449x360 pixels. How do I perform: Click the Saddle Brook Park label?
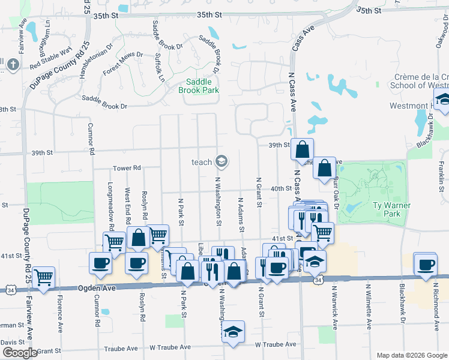pos(198,86)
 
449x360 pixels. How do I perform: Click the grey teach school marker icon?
pos(221,161)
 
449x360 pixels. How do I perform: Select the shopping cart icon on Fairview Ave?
pos(43,277)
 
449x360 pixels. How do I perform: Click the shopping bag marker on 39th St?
pos(303,149)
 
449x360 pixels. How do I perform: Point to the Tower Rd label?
pos(127,169)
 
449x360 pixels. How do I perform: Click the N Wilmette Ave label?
pos(369,306)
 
